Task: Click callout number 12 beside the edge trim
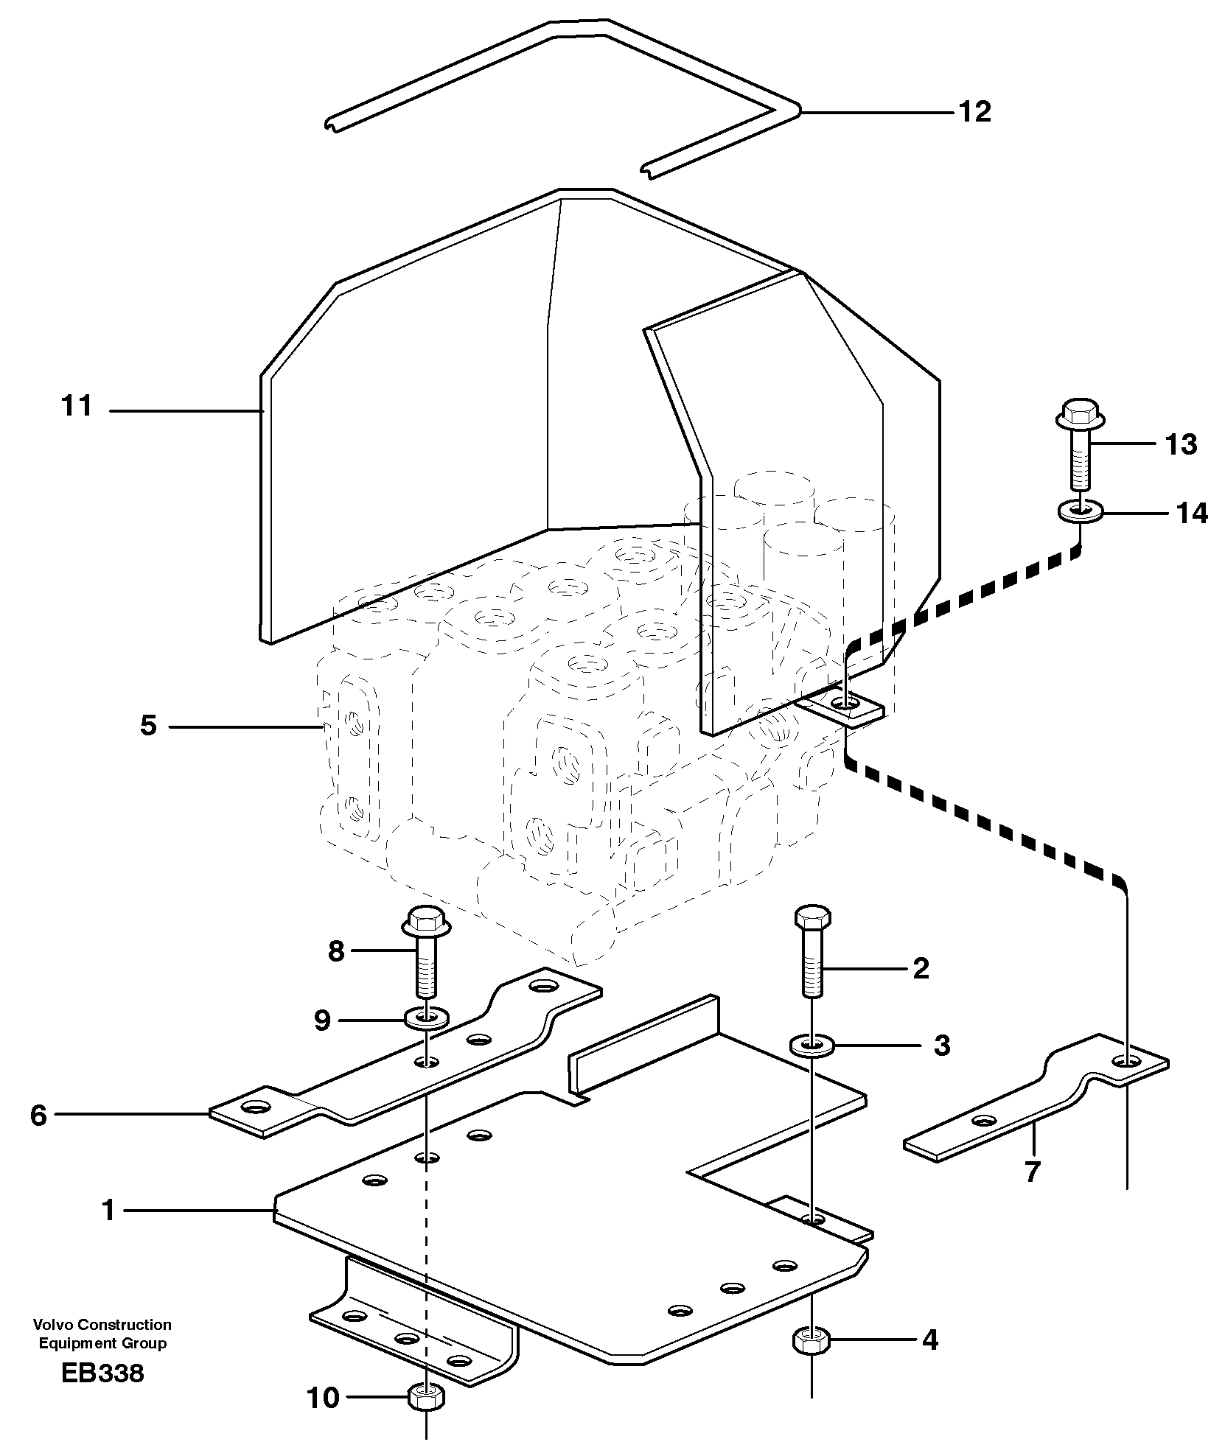click(x=974, y=112)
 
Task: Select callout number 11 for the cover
click(x=77, y=406)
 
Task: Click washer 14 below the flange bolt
click(x=1081, y=510)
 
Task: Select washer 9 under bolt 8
click(x=427, y=1019)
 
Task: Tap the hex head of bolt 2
click(x=812, y=917)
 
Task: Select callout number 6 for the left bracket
click(x=38, y=1115)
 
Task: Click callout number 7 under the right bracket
click(x=1031, y=1171)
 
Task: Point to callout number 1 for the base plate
click(x=109, y=1210)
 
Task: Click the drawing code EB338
click(x=103, y=1373)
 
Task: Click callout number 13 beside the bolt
click(x=1181, y=444)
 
